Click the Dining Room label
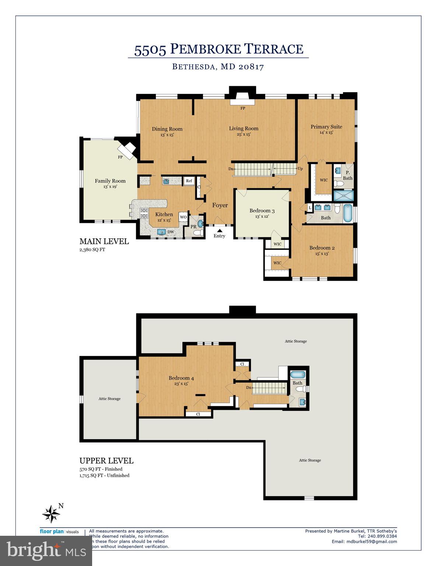coord(167,129)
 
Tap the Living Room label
coord(244,129)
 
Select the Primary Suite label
coord(326,127)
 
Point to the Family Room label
coord(110,181)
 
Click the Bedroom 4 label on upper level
coord(181,378)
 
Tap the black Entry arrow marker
coord(219,230)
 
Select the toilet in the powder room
coord(198,233)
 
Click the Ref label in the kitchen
coord(189,181)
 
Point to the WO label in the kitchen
coord(183,217)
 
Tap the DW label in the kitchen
coord(171,232)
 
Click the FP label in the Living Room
coord(242,108)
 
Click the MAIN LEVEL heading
coord(104,241)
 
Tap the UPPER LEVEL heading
coord(106,461)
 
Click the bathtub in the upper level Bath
coord(297,375)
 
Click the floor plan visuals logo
coord(59,532)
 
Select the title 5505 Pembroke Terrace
coord(218,49)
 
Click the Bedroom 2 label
coord(322,248)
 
